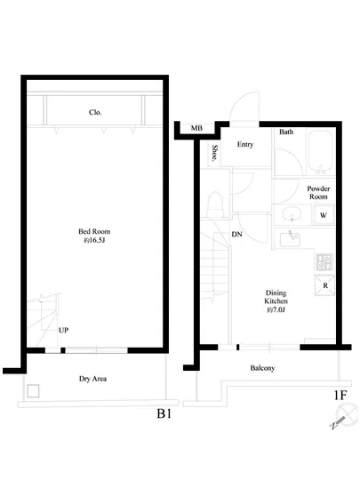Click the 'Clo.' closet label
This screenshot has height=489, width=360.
point(95,112)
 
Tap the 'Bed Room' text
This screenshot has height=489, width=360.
point(94,231)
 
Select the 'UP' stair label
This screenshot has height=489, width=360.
point(64,330)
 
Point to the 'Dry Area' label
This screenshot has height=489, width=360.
point(92,379)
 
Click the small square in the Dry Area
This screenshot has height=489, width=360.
point(33,391)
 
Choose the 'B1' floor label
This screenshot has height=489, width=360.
point(164,413)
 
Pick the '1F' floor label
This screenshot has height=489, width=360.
point(340,395)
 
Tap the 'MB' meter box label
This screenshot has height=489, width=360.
point(196,128)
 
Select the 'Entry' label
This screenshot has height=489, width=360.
point(245,144)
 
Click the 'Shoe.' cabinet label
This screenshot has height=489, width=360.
point(215,153)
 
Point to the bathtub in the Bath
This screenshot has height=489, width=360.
point(320,153)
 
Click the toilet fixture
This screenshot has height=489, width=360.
point(215,204)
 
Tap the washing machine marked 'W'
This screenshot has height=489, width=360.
point(324,215)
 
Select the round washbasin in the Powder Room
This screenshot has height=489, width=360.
point(292,214)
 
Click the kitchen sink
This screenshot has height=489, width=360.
point(290,239)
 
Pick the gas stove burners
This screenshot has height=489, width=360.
point(324,262)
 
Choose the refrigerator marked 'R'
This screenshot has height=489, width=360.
point(324,285)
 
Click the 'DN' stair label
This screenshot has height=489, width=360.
point(236,234)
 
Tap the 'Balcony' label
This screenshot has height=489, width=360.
point(262,368)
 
